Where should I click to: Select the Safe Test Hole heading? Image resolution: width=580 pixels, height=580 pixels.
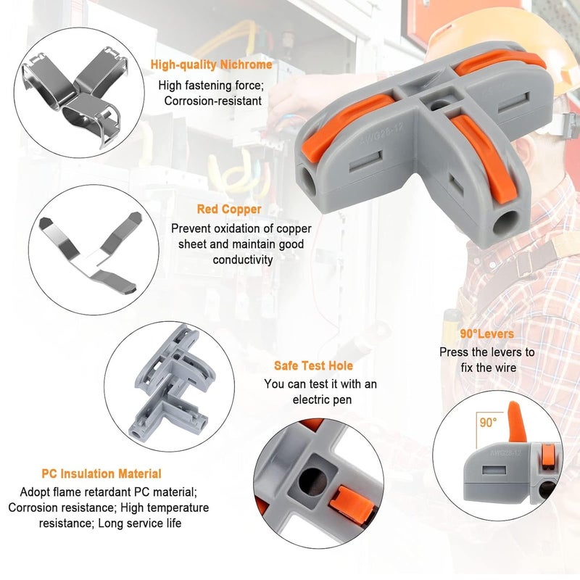click(314, 366)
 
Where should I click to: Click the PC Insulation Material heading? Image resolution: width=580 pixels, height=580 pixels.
click(101, 473)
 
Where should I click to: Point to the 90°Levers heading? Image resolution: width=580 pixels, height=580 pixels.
click(486, 334)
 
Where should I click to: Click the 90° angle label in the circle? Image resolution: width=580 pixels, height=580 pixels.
click(488, 421)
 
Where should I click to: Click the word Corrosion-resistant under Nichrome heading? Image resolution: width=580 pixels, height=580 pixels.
click(212, 101)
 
